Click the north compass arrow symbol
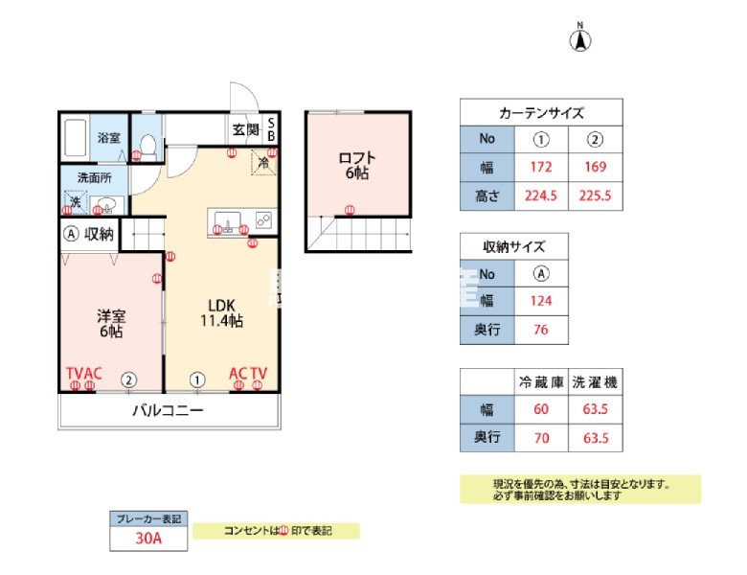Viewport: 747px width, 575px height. (x=580, y=40)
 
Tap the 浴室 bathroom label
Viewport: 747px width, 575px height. (x=108, y=138)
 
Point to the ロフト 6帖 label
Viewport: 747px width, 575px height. (x=356, y=166)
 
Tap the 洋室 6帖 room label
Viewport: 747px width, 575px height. (x=109, y=323)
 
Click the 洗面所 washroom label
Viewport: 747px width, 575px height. (x=95, y=178)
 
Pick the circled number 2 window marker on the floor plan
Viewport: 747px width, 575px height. (x=128, y=379)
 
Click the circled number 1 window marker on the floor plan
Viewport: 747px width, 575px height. (x=198, y=379)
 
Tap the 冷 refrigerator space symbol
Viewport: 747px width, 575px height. (x=262, y=163)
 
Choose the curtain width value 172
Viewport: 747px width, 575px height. (x=540, y=169)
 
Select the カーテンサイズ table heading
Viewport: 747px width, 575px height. (x=541, y=112)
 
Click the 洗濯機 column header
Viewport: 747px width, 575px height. (x=595, y=381)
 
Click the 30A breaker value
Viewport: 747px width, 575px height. (x=147, y=539)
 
